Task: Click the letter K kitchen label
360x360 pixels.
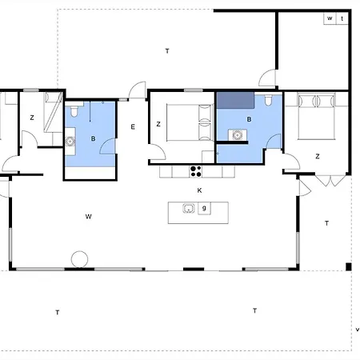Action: point(199,190)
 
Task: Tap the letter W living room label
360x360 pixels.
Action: point(89,217)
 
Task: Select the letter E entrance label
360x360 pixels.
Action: point(133,127)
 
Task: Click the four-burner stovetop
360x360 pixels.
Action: point(196,171)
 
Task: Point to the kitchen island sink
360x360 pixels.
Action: point(189,208)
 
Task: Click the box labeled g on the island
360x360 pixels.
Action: point(204,208)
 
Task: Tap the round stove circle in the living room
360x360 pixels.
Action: point(79,259)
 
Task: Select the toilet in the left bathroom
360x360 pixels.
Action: point(74,111)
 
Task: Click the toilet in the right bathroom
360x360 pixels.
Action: point(268,100)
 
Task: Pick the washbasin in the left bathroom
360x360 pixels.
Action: point(70,142)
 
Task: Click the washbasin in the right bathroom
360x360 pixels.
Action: point(237,135)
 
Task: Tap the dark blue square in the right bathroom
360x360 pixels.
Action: point(235,100)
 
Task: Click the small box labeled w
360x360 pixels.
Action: point(330,18)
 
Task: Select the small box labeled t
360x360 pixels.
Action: point(342,18)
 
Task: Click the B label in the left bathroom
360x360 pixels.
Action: point(93,138)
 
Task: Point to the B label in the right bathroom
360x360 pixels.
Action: point(249,119)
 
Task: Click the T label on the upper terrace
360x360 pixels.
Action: point(167,51)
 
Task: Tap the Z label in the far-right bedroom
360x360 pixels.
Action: point(318,156)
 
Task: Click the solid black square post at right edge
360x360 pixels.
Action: point(349,266)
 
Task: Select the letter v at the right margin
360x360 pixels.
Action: point(358,330)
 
